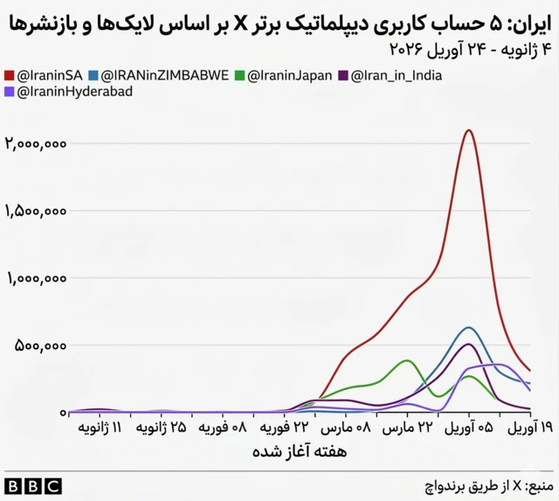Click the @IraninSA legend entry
(x=49, y=76)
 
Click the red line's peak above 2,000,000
(x=469, y=130)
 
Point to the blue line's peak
(x=469, y=328)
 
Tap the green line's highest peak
(x=407, y=360)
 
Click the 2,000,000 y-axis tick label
(x=36, y=143)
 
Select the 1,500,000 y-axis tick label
(x=36, y=211)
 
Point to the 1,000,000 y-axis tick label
(x=36, y=278)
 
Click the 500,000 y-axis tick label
(x=41, y=345)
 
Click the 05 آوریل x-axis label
(x=467, y=428)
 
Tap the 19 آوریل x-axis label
(x=528, y=428)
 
